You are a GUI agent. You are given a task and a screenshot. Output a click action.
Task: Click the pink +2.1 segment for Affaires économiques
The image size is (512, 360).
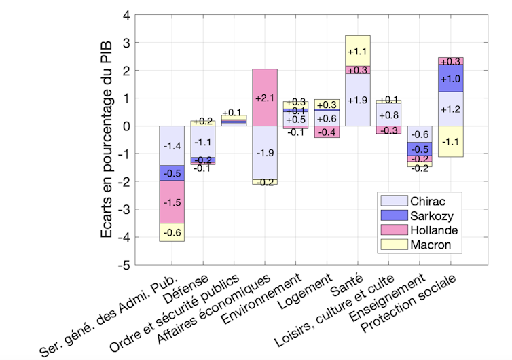[x=264, y=98]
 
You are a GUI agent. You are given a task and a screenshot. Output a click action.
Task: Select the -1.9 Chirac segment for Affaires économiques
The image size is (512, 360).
[x=264, y=151]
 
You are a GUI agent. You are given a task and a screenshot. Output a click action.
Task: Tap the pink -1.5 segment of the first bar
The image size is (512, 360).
[x=172, y=202]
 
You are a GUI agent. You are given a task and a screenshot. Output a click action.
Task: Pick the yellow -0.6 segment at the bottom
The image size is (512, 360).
[x=172, y=232]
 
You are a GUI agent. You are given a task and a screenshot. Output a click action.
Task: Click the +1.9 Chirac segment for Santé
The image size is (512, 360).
[x=357, y=101]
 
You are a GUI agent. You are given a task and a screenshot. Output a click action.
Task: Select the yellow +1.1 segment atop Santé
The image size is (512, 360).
[x=357, y=51]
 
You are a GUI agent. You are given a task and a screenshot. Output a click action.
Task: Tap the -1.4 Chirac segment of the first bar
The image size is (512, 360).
[x=172, y=145]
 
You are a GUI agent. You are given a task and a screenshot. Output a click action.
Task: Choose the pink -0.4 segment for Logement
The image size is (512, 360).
[x=327, y=132]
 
